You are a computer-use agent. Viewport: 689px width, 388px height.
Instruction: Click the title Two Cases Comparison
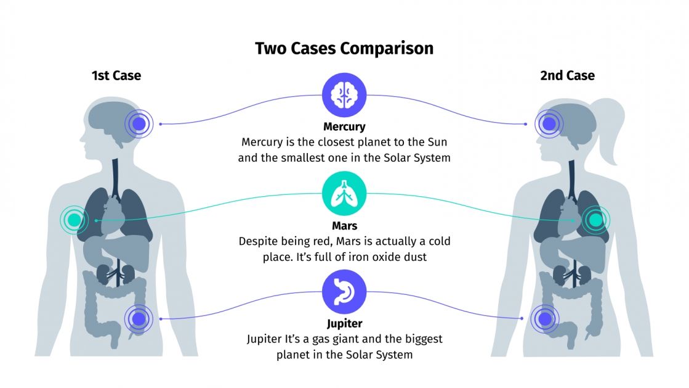(x=344, y=49)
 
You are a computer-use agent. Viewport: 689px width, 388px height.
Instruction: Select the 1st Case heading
(x=116, y=76)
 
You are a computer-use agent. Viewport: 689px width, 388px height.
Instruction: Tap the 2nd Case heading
(x=567, y=76)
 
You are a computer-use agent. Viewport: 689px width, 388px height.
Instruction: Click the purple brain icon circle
(x=344, y=95)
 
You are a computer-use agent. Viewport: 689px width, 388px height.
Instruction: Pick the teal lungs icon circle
(x=344, y=195)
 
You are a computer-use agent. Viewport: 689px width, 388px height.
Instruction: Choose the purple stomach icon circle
(x=344, y=292)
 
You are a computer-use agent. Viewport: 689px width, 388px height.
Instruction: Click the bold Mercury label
(x=344, y=127)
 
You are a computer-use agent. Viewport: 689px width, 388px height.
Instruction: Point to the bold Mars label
(x=344, y=226)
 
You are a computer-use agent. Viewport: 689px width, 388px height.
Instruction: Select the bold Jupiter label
(x=344, y=324)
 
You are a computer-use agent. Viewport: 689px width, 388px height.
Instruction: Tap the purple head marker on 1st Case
(x=140, y=124)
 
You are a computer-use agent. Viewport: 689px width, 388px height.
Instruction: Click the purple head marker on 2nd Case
(x=547, y=123)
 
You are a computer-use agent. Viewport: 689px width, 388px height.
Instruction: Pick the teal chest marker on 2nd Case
(x=595, y=219)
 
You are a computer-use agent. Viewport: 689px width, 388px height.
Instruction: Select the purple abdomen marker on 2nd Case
(x=544, y=319)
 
